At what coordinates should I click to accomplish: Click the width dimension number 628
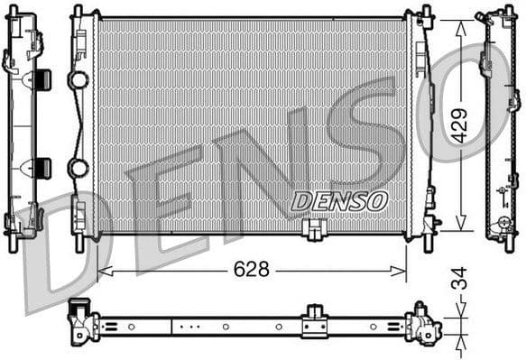click(x=252, y=269)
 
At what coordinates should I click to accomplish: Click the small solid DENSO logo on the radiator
click(x=338, y=200)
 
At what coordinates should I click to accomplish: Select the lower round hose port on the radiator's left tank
click(x=78, y=168)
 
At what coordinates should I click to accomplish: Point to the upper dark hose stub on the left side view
click(x=43, y=79)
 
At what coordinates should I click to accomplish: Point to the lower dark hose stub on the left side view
click(x=43, y=167)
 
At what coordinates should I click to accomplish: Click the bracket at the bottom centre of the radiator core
click(x=314, y=231)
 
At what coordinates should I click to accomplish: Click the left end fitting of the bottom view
click(x=82, y=319)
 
